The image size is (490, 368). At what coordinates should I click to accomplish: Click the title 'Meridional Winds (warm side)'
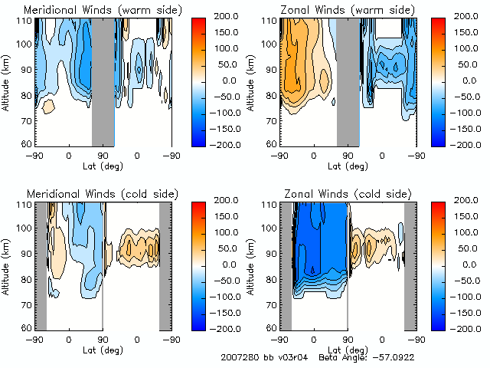103,9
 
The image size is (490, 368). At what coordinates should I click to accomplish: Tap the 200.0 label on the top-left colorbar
227,16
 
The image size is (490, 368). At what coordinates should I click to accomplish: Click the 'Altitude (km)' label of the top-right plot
251,80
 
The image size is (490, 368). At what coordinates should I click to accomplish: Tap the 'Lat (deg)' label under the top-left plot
103,166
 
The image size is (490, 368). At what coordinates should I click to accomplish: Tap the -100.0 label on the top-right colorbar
470,112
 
